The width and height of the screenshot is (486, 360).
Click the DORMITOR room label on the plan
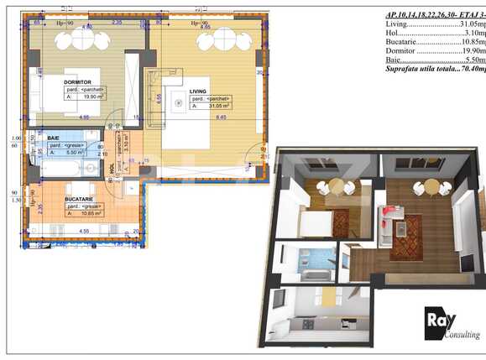tap(80, 82)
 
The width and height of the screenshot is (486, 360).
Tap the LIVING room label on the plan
tap(198, 91)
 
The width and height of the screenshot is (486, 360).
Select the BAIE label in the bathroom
tap(53, 137)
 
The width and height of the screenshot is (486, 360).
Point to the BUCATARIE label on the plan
tap(81, 197)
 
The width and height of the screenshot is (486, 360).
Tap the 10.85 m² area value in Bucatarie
tap(90, 213)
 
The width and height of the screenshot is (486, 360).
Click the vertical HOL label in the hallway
tap(112, 169)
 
